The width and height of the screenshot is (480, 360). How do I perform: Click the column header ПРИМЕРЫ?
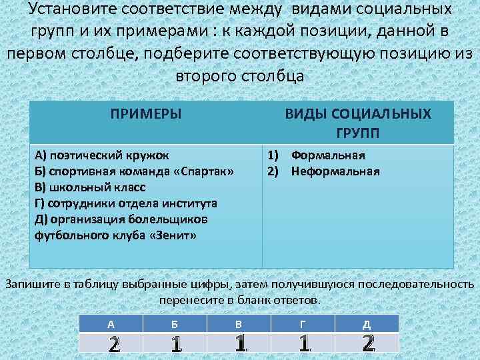(146, 113)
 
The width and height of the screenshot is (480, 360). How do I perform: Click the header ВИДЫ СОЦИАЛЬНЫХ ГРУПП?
(358, 123)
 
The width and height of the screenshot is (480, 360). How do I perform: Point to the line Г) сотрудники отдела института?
(126, 204)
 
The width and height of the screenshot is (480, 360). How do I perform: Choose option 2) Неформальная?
(323, 172)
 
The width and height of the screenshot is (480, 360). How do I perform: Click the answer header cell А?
(111, 324)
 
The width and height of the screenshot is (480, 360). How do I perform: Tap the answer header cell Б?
(175, 324)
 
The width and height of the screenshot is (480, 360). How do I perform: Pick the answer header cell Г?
(303, 324)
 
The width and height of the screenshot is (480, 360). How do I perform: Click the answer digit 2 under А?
(113, 344)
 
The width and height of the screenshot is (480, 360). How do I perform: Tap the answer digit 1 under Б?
(175, 344)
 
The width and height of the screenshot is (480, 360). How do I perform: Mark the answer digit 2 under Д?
(367, 343)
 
